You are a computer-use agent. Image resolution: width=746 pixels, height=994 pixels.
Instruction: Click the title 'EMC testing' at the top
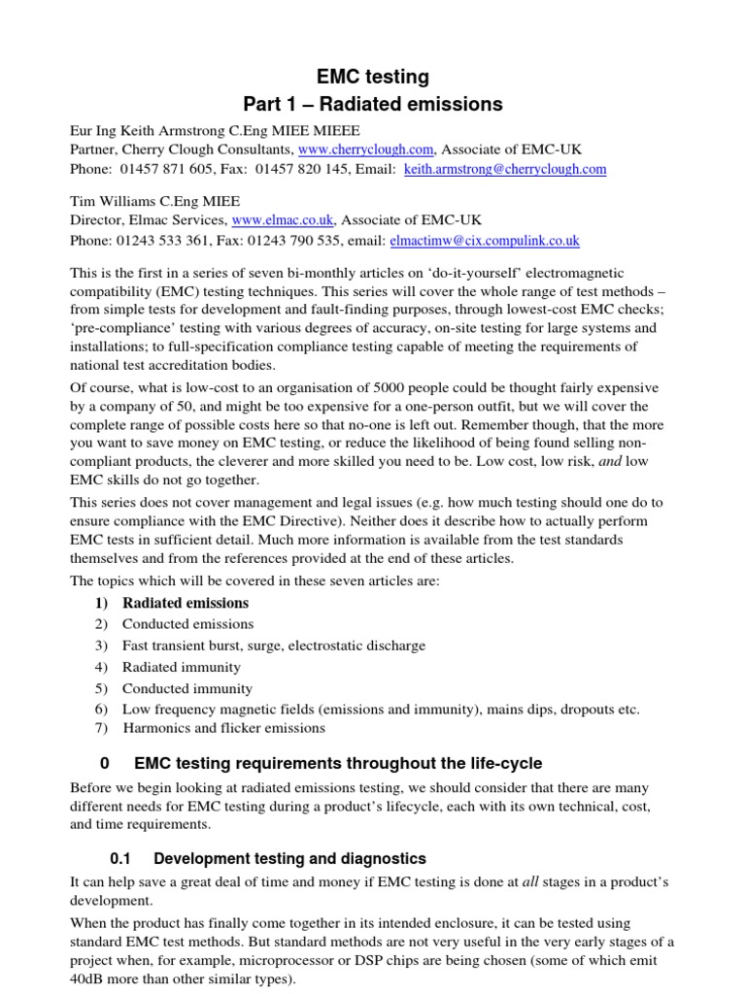373,77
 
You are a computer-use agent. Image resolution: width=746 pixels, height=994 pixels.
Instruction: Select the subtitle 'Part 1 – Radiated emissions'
373,105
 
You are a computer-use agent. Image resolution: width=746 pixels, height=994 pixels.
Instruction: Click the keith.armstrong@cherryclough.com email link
505,169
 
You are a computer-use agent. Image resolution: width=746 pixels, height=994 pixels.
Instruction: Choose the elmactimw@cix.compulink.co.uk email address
485,240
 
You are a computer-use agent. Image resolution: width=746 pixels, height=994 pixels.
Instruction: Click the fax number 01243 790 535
269,240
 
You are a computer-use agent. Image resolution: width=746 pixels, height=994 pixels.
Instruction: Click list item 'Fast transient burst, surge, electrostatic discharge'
274,646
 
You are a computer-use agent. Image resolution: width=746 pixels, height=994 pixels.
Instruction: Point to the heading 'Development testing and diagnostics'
289,858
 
